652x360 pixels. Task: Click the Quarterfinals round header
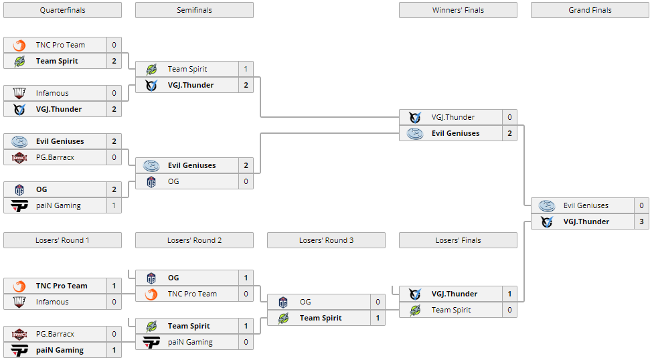(x=62, y=10)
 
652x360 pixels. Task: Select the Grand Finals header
(x=590, y=10)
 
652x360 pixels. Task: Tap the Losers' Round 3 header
(x=326, y=240)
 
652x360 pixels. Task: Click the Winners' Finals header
(x=458, y=10)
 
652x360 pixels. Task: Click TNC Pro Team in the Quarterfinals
(x=60, y=45)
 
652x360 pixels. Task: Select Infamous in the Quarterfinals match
(x=52, y=93)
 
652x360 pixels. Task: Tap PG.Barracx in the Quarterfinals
(x=55, y=157)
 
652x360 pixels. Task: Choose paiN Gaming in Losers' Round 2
(x=190, y=342)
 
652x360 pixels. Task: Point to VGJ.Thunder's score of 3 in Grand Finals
(x=641, y=221)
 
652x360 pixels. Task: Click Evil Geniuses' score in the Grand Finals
(x=641, y=205)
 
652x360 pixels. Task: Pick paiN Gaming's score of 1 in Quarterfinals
(x=114, y=205)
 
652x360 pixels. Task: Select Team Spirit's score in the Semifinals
(x=246, y=69)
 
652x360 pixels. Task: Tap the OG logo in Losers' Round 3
(x=283, y=302)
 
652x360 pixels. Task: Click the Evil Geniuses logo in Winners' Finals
(x=415, y=133)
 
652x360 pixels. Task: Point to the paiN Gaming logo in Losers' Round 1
(x=19, y=350)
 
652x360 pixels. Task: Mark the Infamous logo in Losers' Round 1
(x=19, y=302)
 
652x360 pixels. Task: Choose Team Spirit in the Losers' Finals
(x=451, y=310)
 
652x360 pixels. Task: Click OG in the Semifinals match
(x=173, y=181)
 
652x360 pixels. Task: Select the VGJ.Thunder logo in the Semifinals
(x=151, y=85)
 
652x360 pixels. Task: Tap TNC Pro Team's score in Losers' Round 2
(x=246, y=294)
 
